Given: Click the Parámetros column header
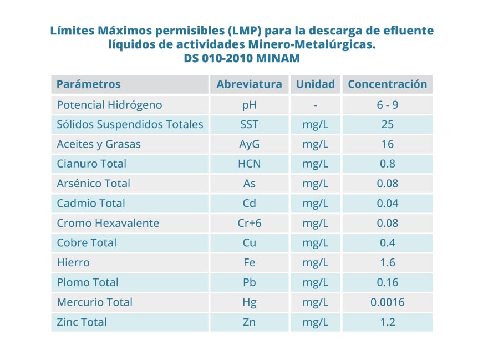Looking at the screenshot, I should point(89,84).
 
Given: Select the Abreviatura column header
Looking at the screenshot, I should point(249,84).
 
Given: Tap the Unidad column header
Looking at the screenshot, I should point(315,84).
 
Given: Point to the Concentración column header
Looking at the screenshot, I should point(387,84).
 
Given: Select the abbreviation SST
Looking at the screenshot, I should point(249,124).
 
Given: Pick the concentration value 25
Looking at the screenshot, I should point(387,124).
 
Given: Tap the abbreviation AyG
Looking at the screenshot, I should point(249,144).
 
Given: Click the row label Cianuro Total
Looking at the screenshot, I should point(91,164).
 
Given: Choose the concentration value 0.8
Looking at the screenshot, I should point(387,164).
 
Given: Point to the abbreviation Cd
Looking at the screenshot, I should point(249,203).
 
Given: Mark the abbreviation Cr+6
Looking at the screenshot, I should point(249,223).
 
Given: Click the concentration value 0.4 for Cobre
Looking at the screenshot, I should point(387,242).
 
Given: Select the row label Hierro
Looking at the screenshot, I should point(73,262).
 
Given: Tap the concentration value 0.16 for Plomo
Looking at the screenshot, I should point(387,282).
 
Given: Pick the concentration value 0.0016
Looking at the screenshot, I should point(387,302).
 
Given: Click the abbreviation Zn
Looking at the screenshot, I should point(249,322).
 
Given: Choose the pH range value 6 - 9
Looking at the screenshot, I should point(387,105).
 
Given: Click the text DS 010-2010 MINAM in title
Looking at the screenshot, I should point(242,58).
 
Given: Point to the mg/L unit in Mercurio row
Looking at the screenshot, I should point(315,302).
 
